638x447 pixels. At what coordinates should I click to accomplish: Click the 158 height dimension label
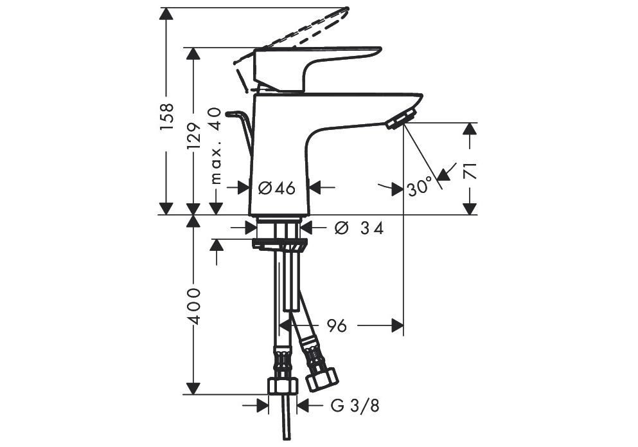click(x=167, y=116)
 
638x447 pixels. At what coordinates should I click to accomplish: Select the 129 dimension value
click(x=195, y=136)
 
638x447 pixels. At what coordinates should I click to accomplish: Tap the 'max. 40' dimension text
click(x=216, y=145)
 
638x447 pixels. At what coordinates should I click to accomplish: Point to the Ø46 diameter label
click(x=277, y=188)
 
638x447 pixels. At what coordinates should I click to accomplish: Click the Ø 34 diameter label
click(x=359, y=228)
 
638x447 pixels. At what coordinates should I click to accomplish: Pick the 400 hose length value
click(x=195, y=306)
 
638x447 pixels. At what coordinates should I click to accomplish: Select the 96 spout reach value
click(x=337, y=325)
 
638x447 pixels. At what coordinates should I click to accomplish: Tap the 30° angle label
click(x=419, y=187)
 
